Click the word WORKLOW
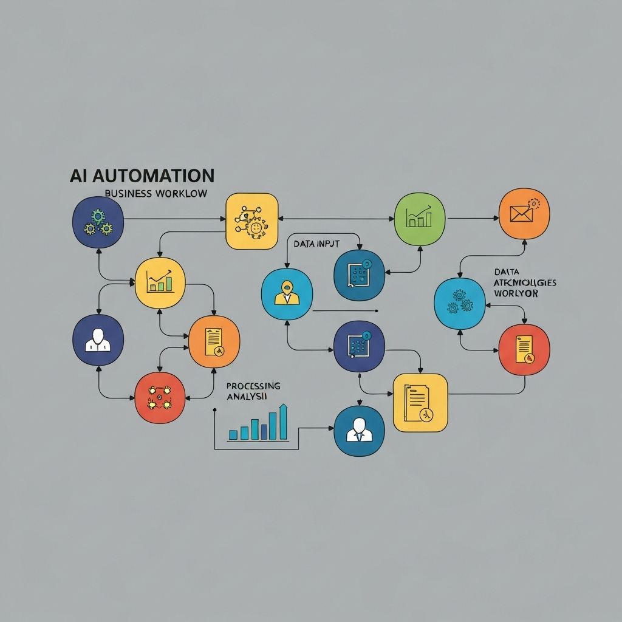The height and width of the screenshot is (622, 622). (x=180, y=193)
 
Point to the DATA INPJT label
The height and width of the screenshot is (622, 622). (x=316, y=244)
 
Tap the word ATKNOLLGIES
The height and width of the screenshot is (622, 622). (x=525, y=283)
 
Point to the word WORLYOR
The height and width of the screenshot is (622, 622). (x=516, y=293)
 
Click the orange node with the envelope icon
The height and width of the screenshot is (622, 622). (x=524, y=213)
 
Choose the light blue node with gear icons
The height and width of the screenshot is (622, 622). (x=459, y=304)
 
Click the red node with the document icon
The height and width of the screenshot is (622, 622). (x=524, y=350)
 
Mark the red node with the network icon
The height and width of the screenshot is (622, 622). (x=159, y=397)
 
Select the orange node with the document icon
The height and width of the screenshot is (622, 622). (x=214, y=342)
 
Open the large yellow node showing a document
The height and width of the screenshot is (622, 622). (x=420, y=402)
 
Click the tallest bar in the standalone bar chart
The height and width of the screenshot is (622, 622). (x=283, y=422)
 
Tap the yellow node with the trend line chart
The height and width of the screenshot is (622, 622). (x=160, y=282)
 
